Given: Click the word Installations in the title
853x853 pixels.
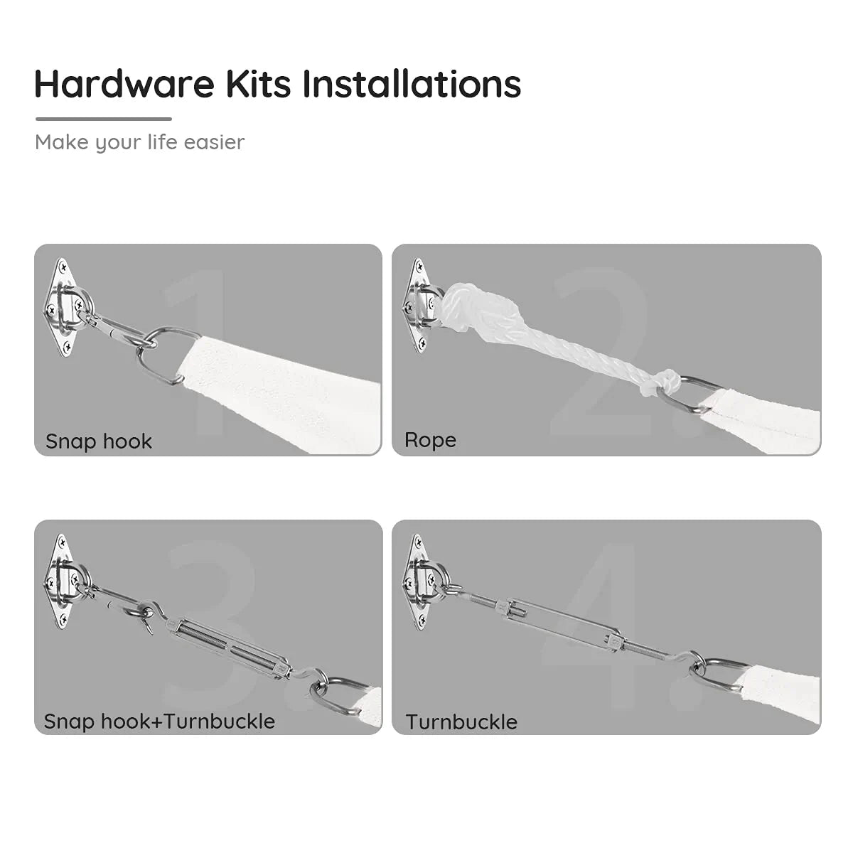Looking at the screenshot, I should coord(412,83).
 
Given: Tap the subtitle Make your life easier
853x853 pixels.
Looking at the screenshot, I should coord(139,142).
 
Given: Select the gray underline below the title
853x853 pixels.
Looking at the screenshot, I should coord(104,119).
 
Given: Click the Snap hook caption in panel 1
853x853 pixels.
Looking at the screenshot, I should coord(99,441).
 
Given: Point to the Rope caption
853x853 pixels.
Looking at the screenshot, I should coord(430,440).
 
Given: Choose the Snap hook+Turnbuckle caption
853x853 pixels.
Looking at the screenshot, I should coord(159,721).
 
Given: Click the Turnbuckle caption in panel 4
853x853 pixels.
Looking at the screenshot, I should coord(461,722).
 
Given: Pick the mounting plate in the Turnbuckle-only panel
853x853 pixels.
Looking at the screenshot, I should coord(419,583).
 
